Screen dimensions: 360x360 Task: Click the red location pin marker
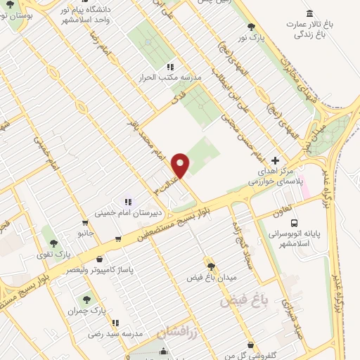pyautogui.click(x=181, y=165)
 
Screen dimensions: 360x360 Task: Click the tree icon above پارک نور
pyautogui.click(x=252, y=27)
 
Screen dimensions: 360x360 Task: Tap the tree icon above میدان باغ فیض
pyautogui.click(x=210, y=264)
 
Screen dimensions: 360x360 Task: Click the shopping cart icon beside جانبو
pyautogui.click(x=117, y=239)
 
